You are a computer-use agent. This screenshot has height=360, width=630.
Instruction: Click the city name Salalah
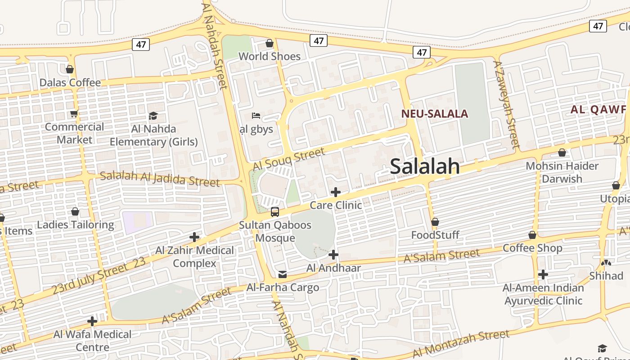[x=425, y=166]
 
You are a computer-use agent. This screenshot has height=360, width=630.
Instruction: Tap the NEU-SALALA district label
[x=435, y=114]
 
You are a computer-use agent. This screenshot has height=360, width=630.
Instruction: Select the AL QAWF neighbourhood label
[x=598, y=109]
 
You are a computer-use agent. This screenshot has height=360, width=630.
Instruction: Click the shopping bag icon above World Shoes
[x=269, y=43]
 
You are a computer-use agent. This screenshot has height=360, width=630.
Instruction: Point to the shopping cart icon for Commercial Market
[x=74, y=114]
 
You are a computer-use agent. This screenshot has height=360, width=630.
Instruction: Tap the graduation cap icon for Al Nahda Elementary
[x=153, y=116]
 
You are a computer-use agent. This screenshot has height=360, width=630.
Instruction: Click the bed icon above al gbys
[x=256, y=116]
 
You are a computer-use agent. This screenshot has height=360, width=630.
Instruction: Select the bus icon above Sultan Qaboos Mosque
[x=274, y=211]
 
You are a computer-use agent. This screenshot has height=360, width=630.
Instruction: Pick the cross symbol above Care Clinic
[x=335, y=192]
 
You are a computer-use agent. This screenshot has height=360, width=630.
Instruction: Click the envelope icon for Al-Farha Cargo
[x=282, y=274]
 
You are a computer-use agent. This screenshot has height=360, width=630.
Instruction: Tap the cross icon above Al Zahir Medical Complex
[x=194, y=237]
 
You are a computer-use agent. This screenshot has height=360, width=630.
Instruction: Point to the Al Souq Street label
[x=288, y=159]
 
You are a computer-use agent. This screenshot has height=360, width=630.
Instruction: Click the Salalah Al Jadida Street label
[x=160, y=178]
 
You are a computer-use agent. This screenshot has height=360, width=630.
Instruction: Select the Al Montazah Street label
[x=461, y=343]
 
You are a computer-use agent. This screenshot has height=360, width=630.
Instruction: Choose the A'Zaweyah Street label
[x=506, y=103]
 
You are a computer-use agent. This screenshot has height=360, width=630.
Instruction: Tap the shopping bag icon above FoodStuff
[x=435, y=222]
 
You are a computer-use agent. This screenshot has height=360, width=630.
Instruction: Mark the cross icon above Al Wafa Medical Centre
[x=92, y=321]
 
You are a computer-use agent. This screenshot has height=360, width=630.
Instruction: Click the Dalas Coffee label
[x=70, y=83]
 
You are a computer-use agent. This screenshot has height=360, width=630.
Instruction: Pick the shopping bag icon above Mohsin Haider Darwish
[x=562, y=153]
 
